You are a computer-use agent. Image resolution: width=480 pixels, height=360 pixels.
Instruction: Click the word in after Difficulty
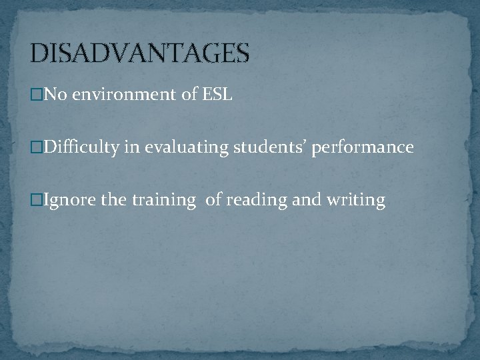pyautogui.click(x=131, y=147)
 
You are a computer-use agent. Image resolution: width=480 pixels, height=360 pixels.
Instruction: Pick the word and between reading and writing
pyautogui.click(x=305, y=199)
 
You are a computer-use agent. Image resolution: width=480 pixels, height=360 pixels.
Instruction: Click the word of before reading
pyautogui.click(x=215, y=199)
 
